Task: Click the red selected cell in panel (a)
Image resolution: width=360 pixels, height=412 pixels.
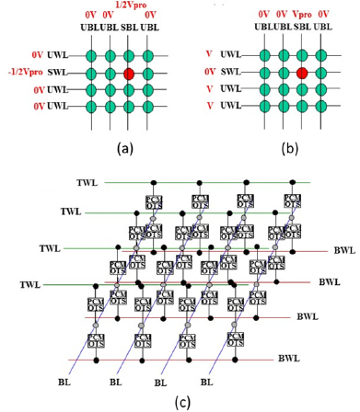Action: click(x=129, y=72)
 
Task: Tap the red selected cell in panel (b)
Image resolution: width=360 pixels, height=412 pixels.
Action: click(x=302, y=72)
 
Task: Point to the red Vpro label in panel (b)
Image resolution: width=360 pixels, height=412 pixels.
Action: click(x=302, y=16)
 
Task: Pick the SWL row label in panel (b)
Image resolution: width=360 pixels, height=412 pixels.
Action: click(x=232, y=72)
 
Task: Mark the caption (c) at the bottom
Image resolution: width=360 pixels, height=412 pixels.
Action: click(x=180, y=402)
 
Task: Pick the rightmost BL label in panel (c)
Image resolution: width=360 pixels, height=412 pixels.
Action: click(x=206, y=380)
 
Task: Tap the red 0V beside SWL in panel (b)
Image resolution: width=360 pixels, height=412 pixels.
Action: click(x=209, y=72)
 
